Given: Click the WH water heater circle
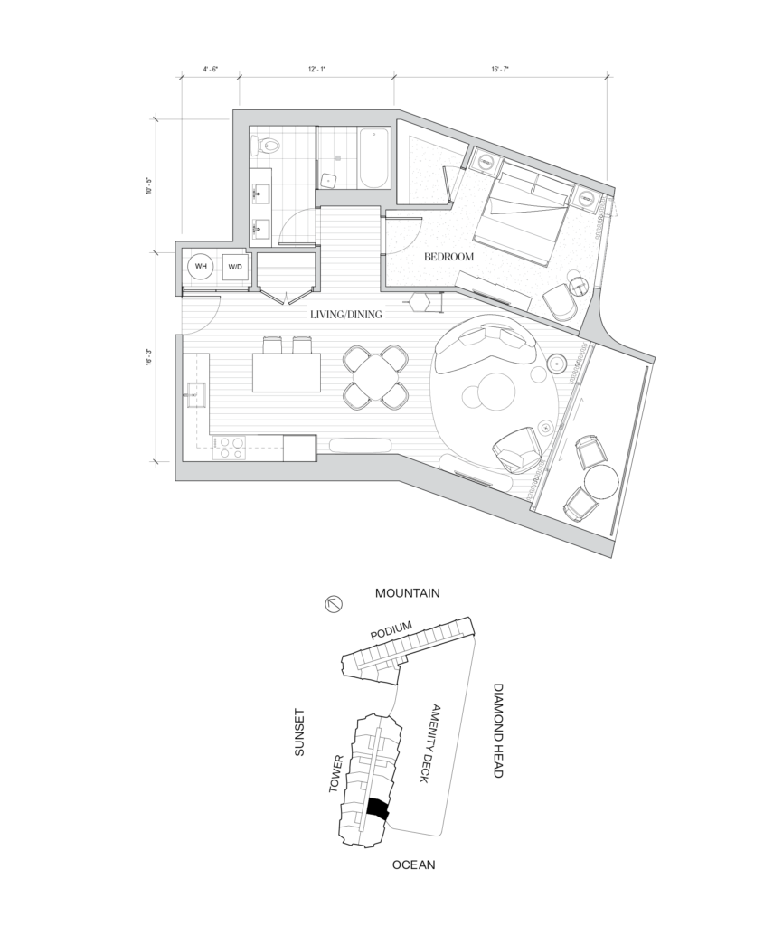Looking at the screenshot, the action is click(201, 267).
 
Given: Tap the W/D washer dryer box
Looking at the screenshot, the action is click(235, 268).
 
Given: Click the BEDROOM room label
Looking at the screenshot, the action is click(448, 257).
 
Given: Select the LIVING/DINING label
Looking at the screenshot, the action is click(346, 314).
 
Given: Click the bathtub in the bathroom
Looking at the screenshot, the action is click(373, 158).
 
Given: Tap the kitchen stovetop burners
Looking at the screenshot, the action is click(229, 447).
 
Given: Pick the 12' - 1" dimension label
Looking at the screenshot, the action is click(317, 69).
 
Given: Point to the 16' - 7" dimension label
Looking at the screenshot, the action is click(500, 69).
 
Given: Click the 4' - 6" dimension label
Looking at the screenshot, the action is click(211, 69).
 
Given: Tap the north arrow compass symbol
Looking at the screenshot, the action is click(335, 603).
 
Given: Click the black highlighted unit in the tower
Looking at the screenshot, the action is click(378, 808).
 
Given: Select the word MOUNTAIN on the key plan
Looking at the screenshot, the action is click(408, 593).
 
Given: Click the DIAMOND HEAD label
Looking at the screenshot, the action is click(497, 731).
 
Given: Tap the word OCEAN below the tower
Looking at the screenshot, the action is click(414, 865).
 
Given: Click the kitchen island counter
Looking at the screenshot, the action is click(287, 373).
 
